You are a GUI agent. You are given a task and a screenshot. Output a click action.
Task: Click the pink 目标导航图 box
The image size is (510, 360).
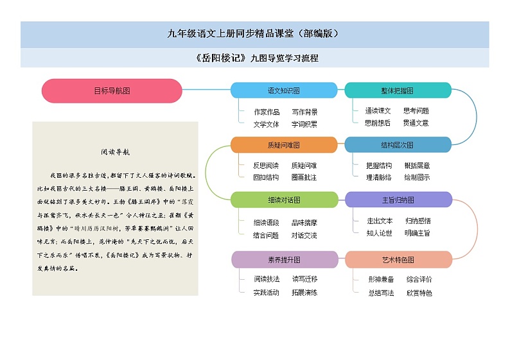112,90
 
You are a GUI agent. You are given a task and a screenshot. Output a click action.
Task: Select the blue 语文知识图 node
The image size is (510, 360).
283,90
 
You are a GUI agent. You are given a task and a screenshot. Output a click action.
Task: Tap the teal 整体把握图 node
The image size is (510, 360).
398,90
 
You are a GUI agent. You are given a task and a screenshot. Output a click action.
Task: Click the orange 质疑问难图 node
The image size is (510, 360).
283,145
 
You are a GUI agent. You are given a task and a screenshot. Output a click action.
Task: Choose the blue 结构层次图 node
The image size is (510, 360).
398,145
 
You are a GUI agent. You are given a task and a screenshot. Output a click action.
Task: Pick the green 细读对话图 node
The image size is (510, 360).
283,200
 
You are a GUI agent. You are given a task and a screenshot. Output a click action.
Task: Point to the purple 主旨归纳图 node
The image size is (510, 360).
398,200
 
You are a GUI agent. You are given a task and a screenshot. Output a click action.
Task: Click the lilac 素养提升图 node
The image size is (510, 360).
283,259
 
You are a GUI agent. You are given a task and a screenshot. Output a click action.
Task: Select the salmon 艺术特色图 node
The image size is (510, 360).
398,259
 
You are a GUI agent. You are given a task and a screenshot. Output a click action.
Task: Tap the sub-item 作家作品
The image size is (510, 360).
267,112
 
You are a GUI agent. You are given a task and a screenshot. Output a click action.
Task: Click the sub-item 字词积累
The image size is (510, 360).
304,124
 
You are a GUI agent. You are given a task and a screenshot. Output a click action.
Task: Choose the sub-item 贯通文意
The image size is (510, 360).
416,123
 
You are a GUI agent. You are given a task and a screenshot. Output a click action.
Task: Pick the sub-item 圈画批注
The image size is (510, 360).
304,177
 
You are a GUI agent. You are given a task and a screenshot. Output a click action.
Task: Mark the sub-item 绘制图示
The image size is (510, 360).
417,177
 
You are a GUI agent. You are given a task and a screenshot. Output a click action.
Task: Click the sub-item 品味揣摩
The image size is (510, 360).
304,223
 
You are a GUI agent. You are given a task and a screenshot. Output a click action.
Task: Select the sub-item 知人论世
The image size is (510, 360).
379,233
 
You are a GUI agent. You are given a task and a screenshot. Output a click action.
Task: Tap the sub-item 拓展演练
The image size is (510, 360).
304,292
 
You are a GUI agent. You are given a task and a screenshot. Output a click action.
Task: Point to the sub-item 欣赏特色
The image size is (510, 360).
419,293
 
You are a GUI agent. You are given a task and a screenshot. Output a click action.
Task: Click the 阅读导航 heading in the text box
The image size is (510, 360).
116,153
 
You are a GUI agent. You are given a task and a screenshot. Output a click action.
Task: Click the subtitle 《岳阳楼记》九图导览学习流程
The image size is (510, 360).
255,58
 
